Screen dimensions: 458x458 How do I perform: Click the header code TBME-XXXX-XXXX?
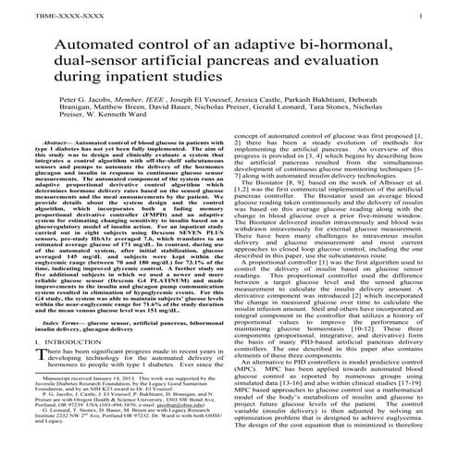point(33,17)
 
